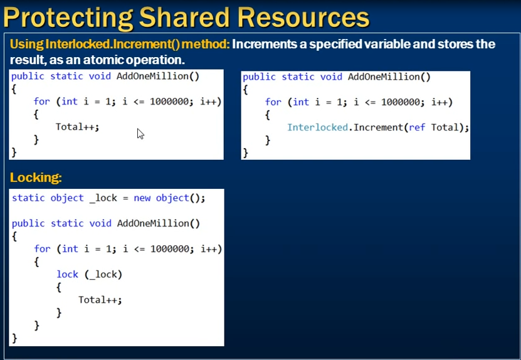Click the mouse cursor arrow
(x=140, y=134)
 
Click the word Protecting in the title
(x=68, y=18)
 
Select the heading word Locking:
(x=36, y=177)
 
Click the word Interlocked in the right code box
(x=318, y=127)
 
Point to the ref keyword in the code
(x=417, y=127)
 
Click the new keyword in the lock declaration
(x=142, y=198)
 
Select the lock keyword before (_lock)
(x=68, y=274)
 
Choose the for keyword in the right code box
(x=273, y=102)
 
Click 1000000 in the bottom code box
(x=169, y=249)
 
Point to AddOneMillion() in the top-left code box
(x=158, y=76)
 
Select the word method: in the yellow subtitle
(x=206, y=44)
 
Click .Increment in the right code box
(x=376, y=127)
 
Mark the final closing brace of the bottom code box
(x=14, y=338)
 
